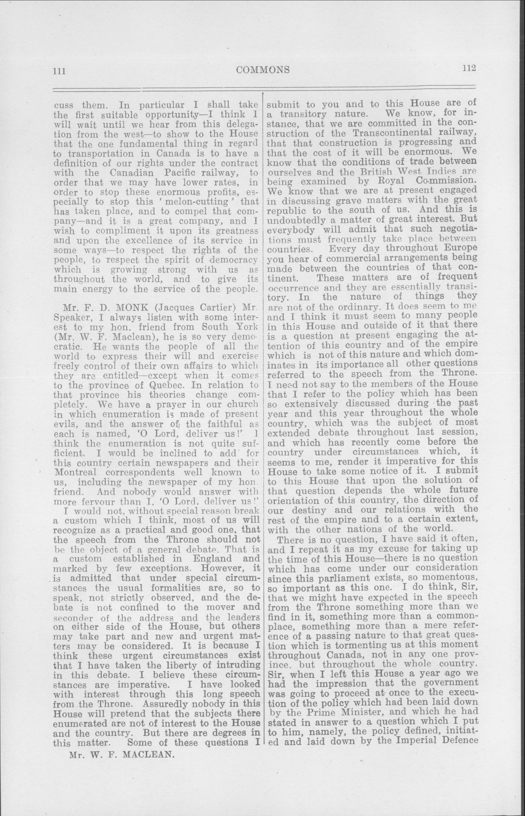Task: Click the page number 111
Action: coord(59,71)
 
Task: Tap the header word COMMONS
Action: coord(263,70)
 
